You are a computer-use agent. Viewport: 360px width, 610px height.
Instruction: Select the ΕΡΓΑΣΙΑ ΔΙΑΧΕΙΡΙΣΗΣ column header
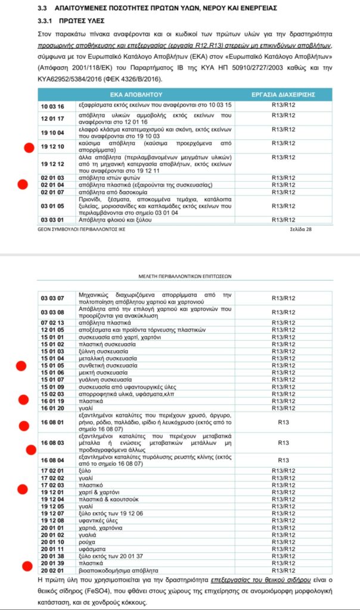tap(292, 95)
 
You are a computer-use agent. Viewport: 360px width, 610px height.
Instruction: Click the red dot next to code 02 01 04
tap(23, 185)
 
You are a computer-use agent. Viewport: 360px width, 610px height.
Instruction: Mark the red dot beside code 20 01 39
tap(26, 566)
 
